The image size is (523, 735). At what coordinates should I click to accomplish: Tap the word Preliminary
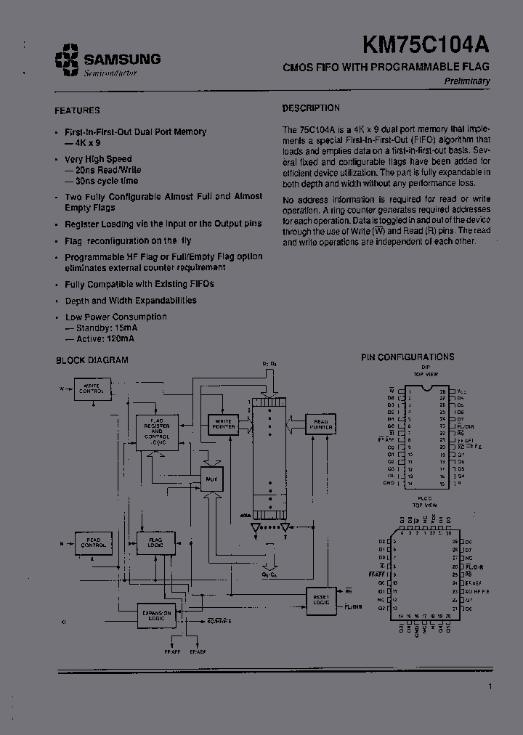pyautogui.click(x=467, y=81)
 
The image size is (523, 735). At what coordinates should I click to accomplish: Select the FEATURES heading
pyautogui.click(x=77, y=110)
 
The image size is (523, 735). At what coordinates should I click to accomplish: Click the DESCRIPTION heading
pyautogui.click(x=311, y=108)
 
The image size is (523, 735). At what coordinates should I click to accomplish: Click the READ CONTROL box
pyautogui.click(x=94, y=542)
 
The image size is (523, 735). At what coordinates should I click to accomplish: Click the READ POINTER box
pyautogui.click(x=320, y=423)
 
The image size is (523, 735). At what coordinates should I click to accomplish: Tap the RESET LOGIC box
pyautogui.click(x=321, y=599)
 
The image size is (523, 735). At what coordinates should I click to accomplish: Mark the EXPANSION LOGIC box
pyautogui.click(x=156, y=614)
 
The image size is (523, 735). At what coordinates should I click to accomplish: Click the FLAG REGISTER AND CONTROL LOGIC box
pyautogui.click(x=156, y=431)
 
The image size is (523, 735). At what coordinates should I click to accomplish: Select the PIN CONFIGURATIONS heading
pyautogui.click(x=408, y=357)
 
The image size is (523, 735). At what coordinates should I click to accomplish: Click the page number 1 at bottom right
pyautogui.click(x=490, y=686)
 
